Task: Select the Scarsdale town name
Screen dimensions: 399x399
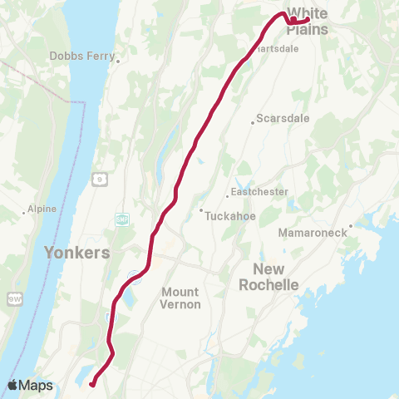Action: coord(283,118)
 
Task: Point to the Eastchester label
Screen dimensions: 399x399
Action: coord(259,191)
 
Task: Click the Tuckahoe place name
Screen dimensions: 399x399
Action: coord(230,211)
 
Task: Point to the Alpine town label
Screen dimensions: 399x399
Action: coord(41,209)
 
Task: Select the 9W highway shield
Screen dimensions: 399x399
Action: coord(13,298)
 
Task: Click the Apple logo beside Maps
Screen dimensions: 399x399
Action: coord(12,385)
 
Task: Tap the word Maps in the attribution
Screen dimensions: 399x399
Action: coord(36,386)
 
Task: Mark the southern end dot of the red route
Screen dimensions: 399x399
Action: coord(92,383)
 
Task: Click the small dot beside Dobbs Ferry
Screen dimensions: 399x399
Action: coord(118,61)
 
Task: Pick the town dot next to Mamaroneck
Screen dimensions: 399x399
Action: coord(351,224)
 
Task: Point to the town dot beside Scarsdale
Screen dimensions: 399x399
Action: coord(253,123)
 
